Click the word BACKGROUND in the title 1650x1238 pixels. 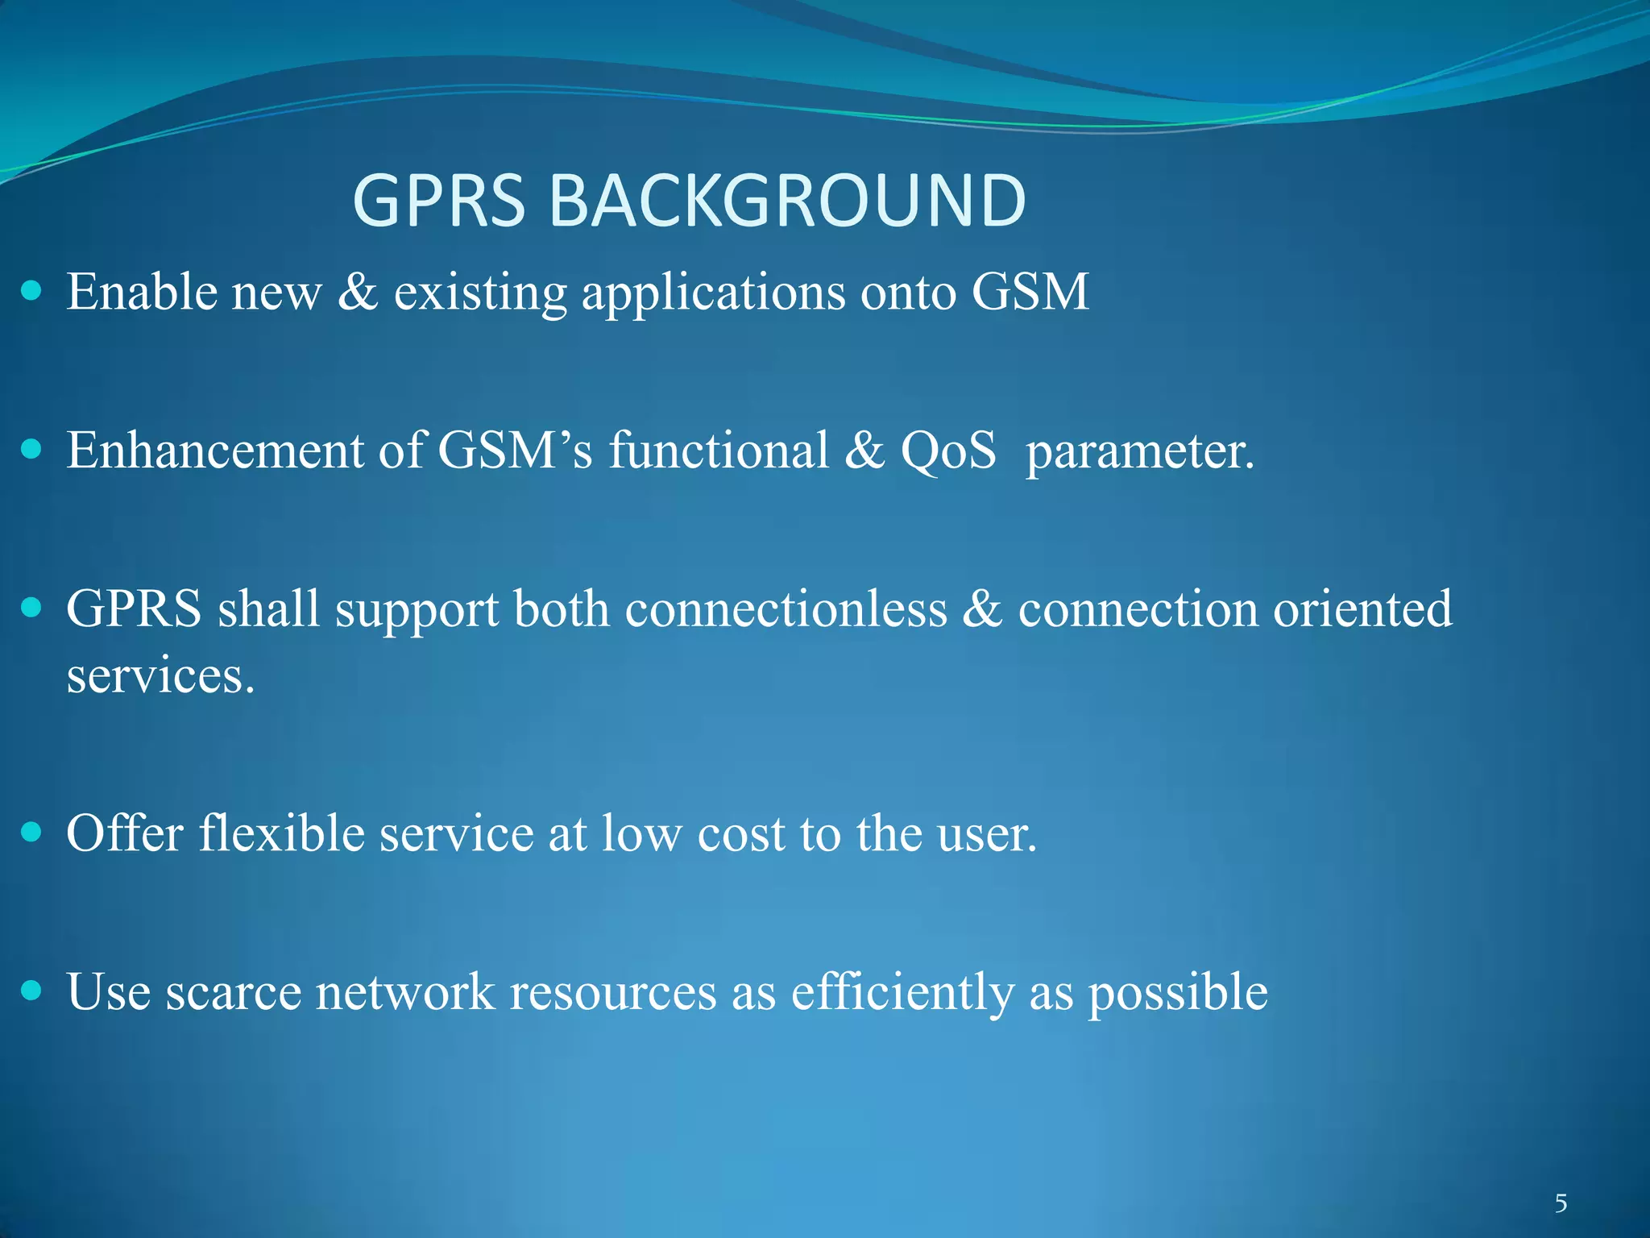pyautogui.click(x=787, y=201)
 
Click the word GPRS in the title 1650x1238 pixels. pyautogui.click(x=439, y=201)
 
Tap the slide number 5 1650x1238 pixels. pyautogui.click(x=1561, y=1203)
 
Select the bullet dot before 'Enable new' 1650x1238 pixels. pyautogui.click(x=31, y=291)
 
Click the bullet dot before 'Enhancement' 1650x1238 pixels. pyautogui.click(x=31, y=449)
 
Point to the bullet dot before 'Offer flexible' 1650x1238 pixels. pyautogui.click(x=31, y=832)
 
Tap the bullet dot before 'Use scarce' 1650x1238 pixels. pyautogui.click(x=31, y=990)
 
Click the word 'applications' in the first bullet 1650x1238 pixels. pyautogui.click(x=713, y=293)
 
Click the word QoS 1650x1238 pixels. pyautogui.click(x=948, y=450)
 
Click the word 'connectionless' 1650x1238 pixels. pyautogui.click(x=786, y=609)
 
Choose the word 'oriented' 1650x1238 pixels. pyautogui.click(x=1362, y=609)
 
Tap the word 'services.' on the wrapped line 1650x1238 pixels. pyautogui.click(x=160, y=675)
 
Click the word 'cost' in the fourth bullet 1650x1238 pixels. pyautogui.click(x=740, y=834)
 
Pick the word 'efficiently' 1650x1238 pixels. pyautogui.click(x=902, y=992)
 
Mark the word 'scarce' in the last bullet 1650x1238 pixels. pyautogui.click(x=233, y=992)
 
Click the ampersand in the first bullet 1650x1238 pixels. pyautogui.click(x=357, y=292)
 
